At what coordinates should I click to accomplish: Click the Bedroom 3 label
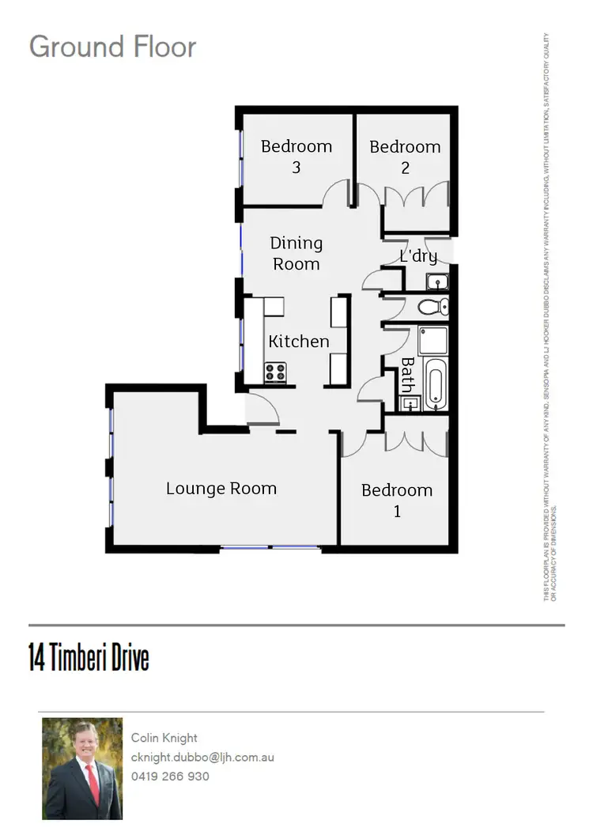point(296,157)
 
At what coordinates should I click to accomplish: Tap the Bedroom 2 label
point(405,157)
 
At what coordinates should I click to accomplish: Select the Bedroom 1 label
point(397,500)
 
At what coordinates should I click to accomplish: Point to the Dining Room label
point(296,253)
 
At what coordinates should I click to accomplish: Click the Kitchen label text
point(298,342)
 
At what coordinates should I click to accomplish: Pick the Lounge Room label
point(221,488)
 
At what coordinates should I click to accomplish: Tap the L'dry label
point(418,256)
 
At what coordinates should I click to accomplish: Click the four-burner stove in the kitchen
point(275,372)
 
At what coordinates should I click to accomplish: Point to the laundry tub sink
point(436,282)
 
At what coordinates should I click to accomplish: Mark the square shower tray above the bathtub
point(432,340)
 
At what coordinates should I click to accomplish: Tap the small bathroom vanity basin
point(410,404)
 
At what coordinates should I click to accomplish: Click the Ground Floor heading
point(112,47)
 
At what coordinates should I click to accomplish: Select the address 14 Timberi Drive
point(89,658)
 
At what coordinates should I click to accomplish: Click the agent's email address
point(202,757)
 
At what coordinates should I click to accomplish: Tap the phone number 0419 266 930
point(170,777)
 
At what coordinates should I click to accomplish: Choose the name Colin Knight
point(164,738)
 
